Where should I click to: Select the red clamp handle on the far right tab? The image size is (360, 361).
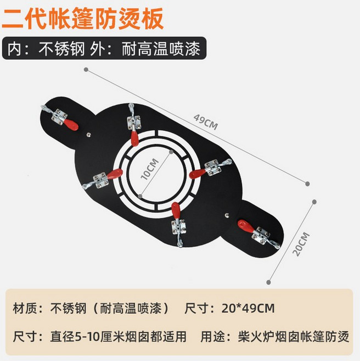(x=245, y=226)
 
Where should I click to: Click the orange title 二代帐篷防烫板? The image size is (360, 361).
(x=82, y=19)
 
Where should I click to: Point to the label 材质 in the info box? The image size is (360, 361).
(x=25, y=308)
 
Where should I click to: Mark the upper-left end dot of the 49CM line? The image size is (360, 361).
(x=86, y=69)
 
